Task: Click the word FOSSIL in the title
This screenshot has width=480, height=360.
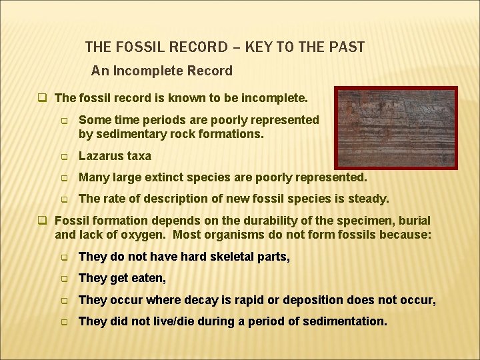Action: coord(145,47)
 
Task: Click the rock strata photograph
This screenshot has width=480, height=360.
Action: coord(395,127)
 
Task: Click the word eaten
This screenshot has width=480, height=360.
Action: coord(150,278)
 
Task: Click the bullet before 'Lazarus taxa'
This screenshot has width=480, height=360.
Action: coord(65,157)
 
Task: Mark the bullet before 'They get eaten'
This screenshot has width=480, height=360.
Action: coord(65,279)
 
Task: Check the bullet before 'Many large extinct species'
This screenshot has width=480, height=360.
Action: coord(65,178)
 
